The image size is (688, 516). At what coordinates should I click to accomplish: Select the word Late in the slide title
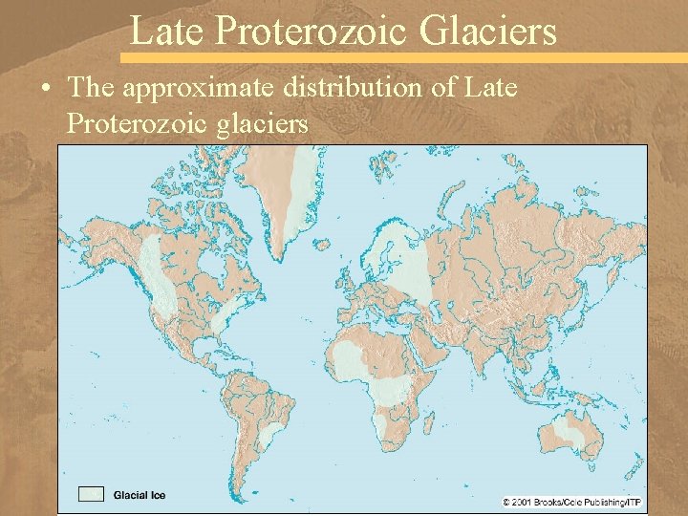167,31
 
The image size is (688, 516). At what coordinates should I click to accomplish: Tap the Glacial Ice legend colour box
92,494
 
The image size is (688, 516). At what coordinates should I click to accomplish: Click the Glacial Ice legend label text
140,495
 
